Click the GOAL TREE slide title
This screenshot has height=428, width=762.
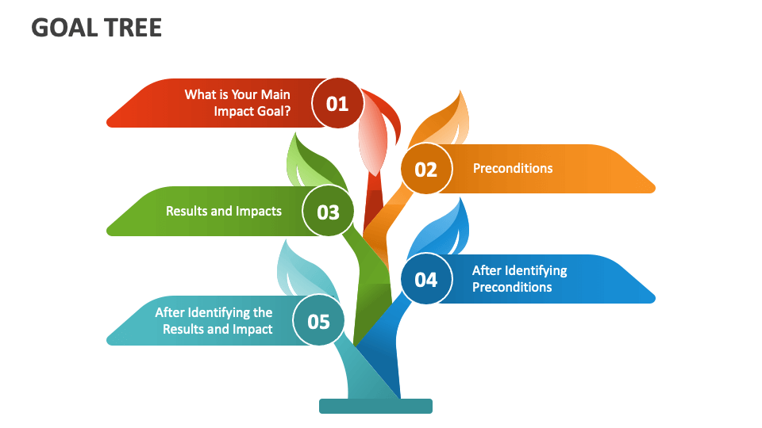click(96, 28)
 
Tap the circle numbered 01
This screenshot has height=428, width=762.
click(337, 103)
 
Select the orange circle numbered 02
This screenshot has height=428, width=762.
click(425, 169)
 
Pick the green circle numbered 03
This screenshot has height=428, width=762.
click(328, 212)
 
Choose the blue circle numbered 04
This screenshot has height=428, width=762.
click(425, 279)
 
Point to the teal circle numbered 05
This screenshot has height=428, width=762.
click(318, 321)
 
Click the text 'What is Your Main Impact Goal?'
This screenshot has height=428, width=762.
click(237, 103)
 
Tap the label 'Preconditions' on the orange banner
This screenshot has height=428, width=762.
click(513, 168)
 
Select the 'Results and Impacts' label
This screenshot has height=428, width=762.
click(224, 211)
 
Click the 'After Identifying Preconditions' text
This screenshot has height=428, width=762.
click(519, 278)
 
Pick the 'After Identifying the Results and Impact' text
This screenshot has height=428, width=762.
click(214, 320)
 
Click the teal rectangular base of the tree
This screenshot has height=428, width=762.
click(375, 406)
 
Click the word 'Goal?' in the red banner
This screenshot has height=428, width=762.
click(274, 111)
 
